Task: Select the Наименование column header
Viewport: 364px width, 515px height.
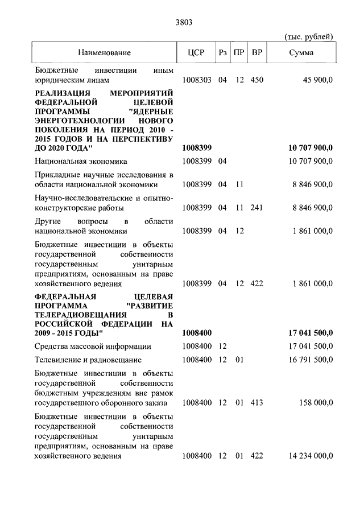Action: click(x=105, y=53)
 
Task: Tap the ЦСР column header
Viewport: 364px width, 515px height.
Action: click(x=195, y=53)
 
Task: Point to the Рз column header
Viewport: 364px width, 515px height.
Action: click(x=222, y=53)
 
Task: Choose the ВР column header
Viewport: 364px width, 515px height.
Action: click(x=257, y=53)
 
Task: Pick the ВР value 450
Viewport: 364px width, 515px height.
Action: click(x=257, y=80)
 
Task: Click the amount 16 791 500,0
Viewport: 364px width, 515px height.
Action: click(x=306, y=360)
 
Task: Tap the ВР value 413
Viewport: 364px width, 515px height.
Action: click(x=257, y=403)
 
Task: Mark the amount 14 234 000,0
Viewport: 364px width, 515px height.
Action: click(x=306, y=456)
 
